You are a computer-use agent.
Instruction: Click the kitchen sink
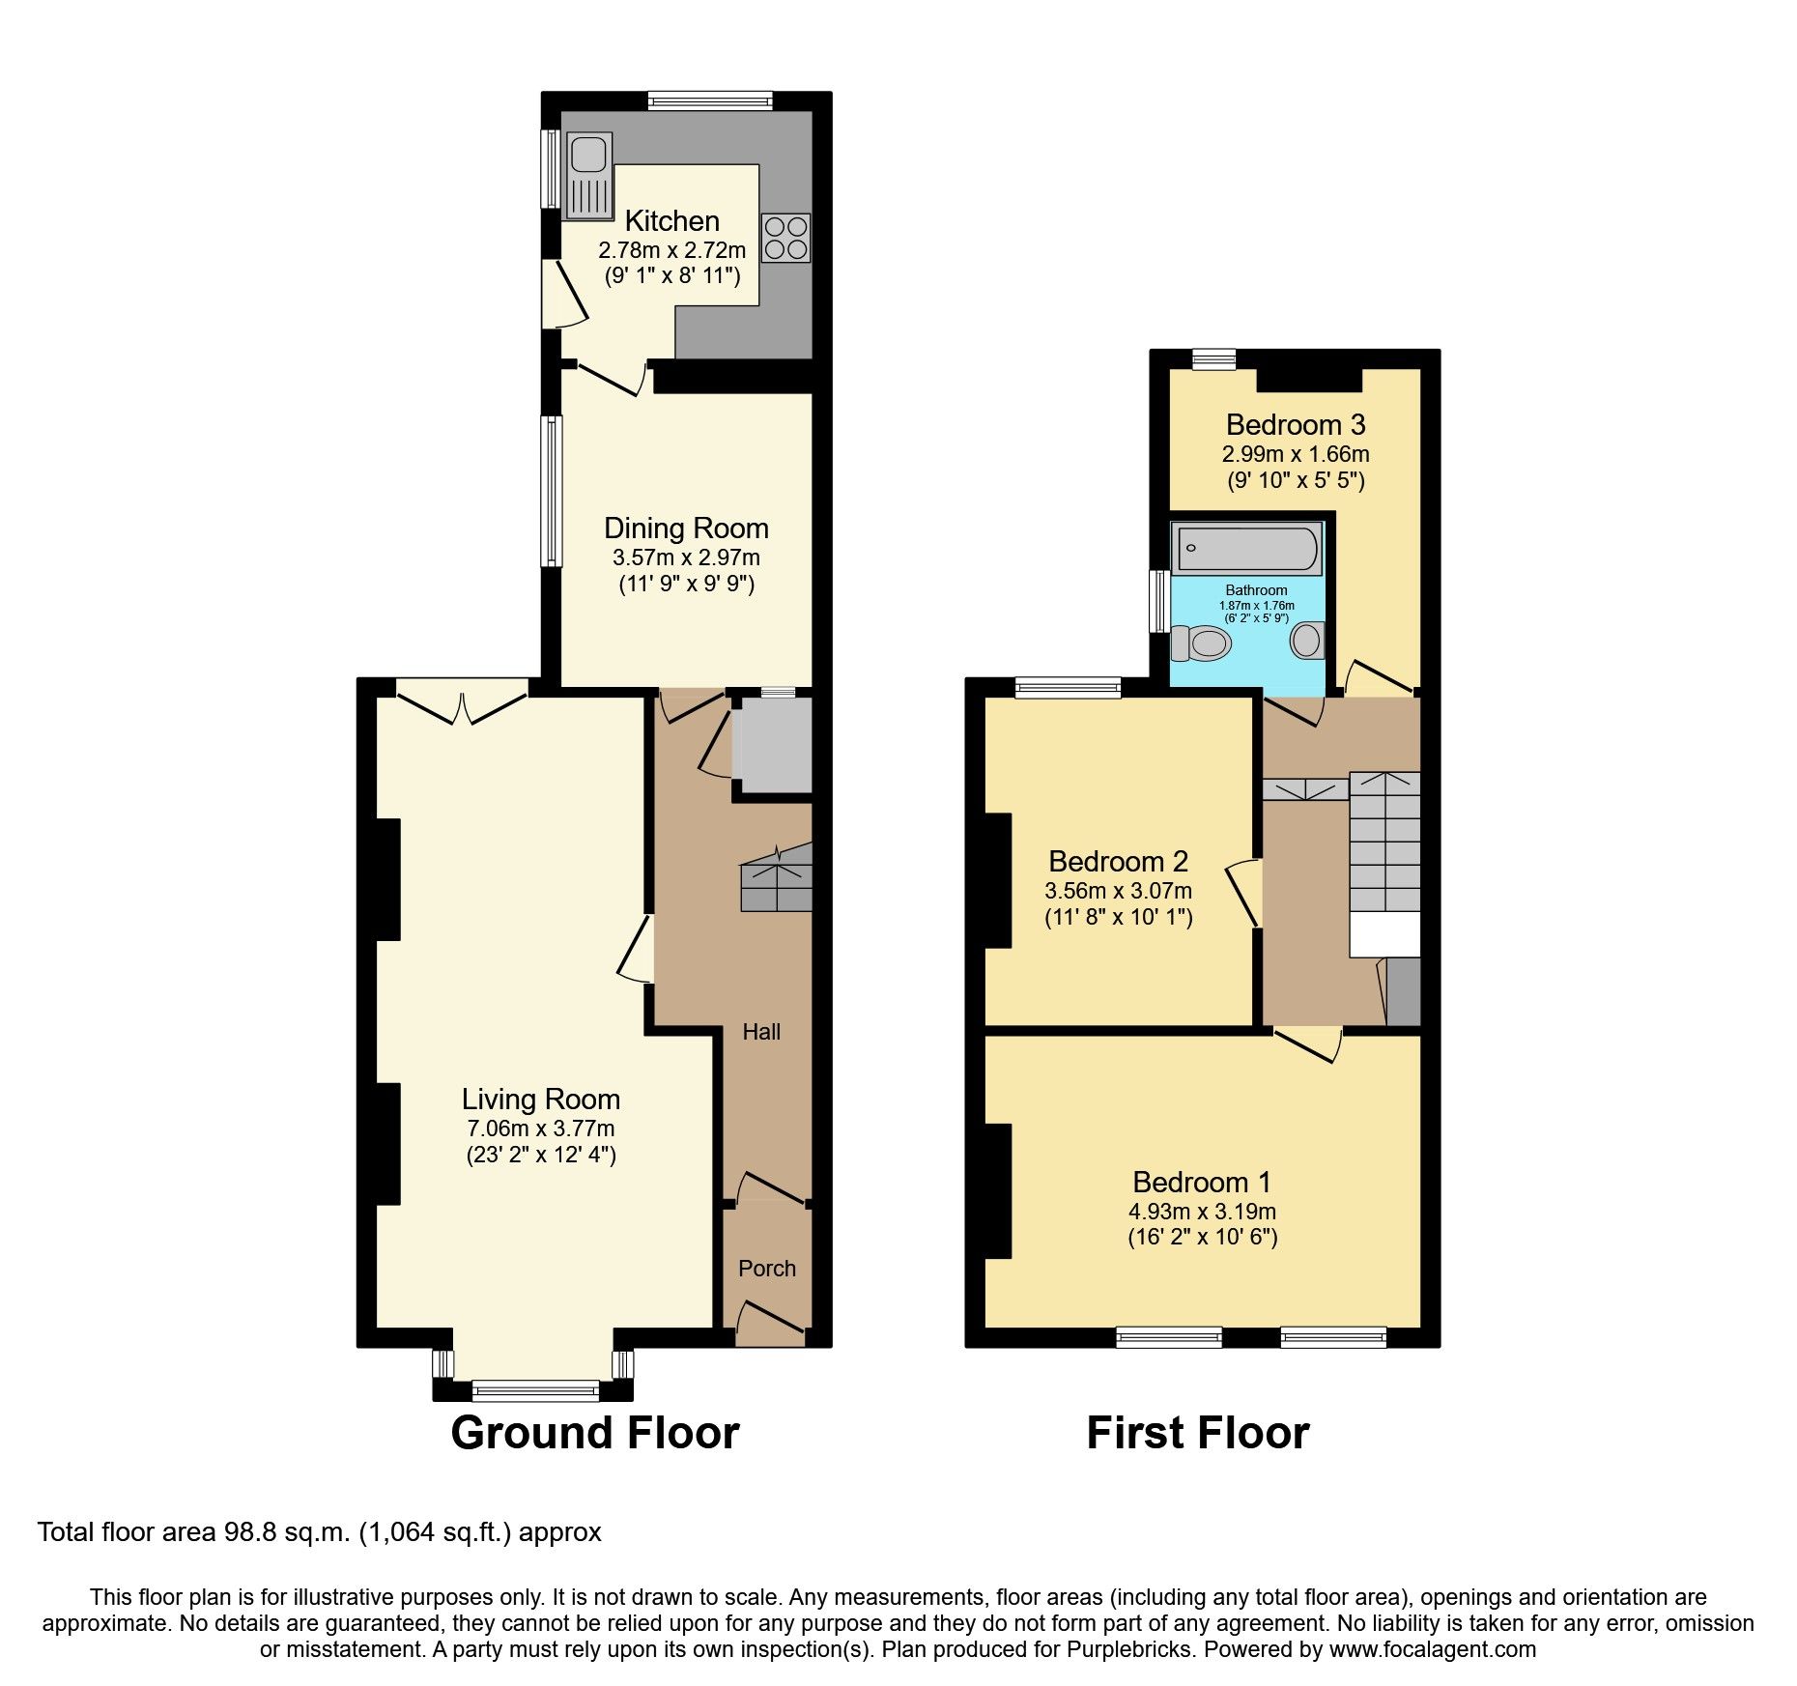[588, 175]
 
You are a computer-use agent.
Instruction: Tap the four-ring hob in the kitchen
[785, 238]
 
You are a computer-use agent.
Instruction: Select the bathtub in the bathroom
[1246, 548]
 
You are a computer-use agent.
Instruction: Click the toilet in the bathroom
[1201, 643]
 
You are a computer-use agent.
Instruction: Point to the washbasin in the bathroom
[1307, 641]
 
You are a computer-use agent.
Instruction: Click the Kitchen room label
[671, 220]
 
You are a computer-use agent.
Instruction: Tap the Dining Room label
[686, 528]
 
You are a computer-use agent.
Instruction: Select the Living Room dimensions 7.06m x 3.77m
[540, 1128]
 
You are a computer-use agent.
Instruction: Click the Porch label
[767, 1268]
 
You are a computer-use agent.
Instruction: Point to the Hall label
[761, 1032]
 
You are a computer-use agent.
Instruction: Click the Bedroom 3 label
[1295, 424]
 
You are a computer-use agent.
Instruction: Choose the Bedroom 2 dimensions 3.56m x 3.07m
[1118, 890]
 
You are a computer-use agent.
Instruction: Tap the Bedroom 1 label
[1201, 1182]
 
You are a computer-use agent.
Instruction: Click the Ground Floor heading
[594, 1432]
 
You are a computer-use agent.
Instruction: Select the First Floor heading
[1197, 1432]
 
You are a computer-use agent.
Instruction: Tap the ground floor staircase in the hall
[776, 879]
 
